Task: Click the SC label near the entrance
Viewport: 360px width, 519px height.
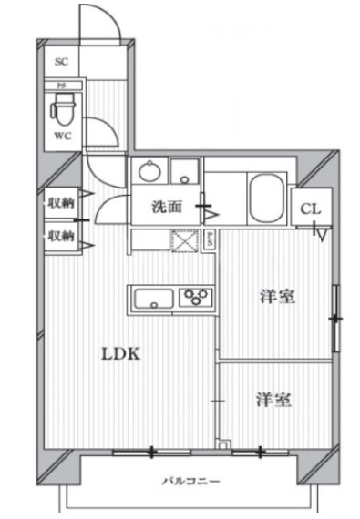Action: (x=62, y=63)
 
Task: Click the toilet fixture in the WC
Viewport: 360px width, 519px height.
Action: (x=63, y=111)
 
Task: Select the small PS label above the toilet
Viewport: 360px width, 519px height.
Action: (x=61, y=87)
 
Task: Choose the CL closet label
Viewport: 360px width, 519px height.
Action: (x=310, y=209)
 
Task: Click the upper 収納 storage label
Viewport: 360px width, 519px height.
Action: (x=60, y=202)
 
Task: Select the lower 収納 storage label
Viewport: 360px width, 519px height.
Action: (x=60, y=236)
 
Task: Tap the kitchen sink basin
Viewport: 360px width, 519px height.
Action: (x=152, y=298)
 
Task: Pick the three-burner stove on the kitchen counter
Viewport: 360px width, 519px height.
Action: (x=195, y=298)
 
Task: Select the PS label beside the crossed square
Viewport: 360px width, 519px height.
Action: (x=209, y=240)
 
